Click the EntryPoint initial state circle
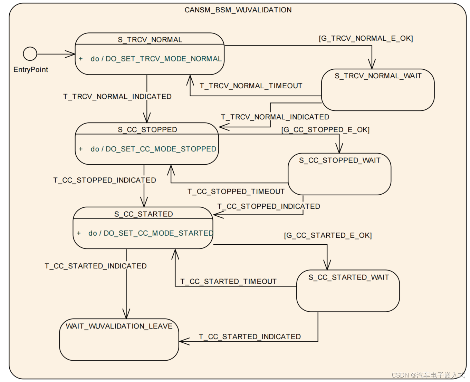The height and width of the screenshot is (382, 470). tap(30, 54)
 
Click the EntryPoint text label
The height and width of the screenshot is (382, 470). tap(31, 69)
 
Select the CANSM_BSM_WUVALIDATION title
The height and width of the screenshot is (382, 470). tap(238, 10)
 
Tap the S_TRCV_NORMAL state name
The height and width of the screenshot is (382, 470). tap(150, 40)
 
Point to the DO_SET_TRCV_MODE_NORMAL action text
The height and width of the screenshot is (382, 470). tap(163, 59)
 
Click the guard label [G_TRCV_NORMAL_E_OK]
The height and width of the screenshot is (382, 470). tap(366, 38)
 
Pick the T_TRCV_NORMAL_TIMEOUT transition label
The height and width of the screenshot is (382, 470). tap(251, 86)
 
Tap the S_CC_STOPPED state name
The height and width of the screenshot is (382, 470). tap(147, 130)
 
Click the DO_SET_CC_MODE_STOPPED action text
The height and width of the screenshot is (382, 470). tap(161, 149)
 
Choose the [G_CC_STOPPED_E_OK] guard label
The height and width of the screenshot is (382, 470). tap(325, 130)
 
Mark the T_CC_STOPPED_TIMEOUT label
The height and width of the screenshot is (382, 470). tap(236, 192)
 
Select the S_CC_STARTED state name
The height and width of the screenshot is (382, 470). tap(144, 214)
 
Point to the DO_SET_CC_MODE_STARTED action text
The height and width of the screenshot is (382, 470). tap(158, 233)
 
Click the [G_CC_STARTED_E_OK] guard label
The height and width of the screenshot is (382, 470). tap(328, 235)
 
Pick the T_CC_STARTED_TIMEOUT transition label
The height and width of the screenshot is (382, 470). tap(228, 282)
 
